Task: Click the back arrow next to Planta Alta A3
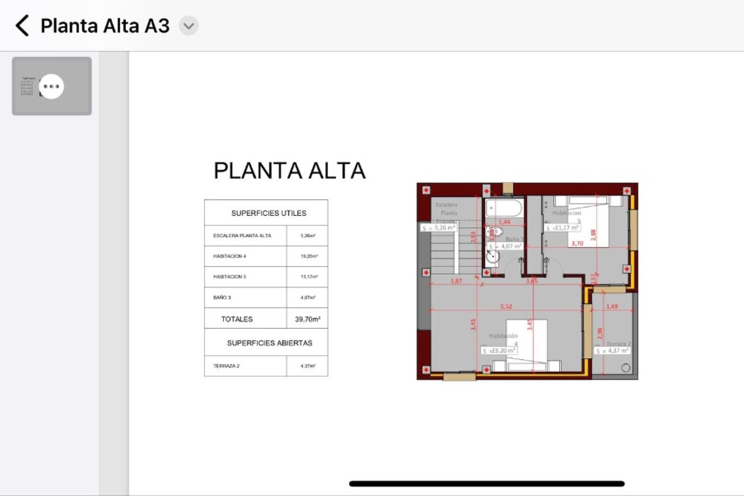tap(22, 26)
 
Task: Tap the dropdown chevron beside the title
tap(189, 26)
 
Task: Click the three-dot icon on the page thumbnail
tap(52, 86)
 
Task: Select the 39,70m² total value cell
tap(307, 319)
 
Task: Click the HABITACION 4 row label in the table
tap(229, 256)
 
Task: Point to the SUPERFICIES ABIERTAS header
tap(269, 343)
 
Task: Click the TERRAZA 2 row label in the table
tap(226, 366)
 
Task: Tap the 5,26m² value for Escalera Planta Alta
tap(308, 236)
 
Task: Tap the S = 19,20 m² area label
tap(499, 351)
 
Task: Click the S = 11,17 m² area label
tap(562, 228)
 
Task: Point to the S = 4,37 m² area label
tap(612, 351)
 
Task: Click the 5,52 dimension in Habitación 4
tap(506, 307)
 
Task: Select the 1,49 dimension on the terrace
tap(611, 307)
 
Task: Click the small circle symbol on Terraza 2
tap(625, 368)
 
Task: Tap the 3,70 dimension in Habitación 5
tap(577, 243)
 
